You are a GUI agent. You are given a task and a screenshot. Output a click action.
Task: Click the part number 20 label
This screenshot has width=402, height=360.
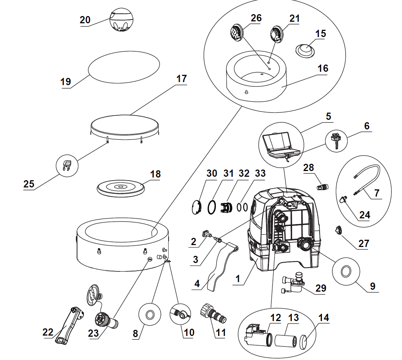click(85, 20)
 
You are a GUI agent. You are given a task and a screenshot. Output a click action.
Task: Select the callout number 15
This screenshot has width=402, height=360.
click(320, 33)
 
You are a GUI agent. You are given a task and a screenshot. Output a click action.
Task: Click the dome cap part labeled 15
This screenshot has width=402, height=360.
click(305, 50)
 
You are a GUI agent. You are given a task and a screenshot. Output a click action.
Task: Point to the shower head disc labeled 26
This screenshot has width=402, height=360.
click(236, 32)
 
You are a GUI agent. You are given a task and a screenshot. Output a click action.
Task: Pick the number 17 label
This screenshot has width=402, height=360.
click(182, 79)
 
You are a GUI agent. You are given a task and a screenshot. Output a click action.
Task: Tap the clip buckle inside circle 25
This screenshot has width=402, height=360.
click(67, 166)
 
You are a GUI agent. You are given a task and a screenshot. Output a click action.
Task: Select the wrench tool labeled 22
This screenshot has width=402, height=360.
click(70, 325)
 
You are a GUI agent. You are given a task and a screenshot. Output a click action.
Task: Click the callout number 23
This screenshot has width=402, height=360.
click(93, 333)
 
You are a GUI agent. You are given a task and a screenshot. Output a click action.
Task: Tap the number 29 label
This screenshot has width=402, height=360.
click(321, 288)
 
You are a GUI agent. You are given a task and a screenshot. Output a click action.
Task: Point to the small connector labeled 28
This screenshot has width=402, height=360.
click(323, 187)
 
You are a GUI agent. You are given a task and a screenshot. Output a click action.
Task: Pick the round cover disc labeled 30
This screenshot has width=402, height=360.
click(197, 207)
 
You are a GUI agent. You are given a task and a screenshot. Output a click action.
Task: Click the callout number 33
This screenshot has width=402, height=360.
click(260, 173)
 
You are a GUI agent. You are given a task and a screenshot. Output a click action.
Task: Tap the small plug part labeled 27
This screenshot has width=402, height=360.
click(339, 229)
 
